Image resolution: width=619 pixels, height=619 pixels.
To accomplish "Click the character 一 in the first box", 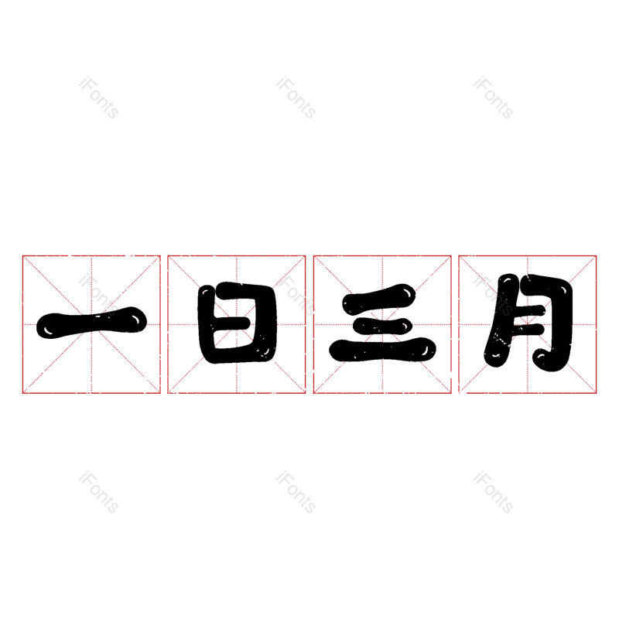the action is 91,323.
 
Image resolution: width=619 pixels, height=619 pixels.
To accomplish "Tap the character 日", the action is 238,323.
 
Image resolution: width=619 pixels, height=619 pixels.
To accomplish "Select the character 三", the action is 382,323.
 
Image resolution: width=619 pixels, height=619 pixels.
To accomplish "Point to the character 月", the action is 528,323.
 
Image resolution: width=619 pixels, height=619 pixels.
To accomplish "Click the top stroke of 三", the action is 379,299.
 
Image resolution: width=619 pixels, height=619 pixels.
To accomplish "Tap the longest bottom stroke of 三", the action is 382,350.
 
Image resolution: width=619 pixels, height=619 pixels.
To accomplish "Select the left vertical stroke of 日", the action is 207,323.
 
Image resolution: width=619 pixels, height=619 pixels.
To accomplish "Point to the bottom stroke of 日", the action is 239,354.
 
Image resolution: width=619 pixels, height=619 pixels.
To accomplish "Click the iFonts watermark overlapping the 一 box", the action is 98,294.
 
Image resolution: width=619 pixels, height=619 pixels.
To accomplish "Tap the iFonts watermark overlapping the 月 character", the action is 493,294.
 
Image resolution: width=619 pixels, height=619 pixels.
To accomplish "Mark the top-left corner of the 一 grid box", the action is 22,256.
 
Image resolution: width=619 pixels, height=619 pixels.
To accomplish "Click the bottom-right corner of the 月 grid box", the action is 596,393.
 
